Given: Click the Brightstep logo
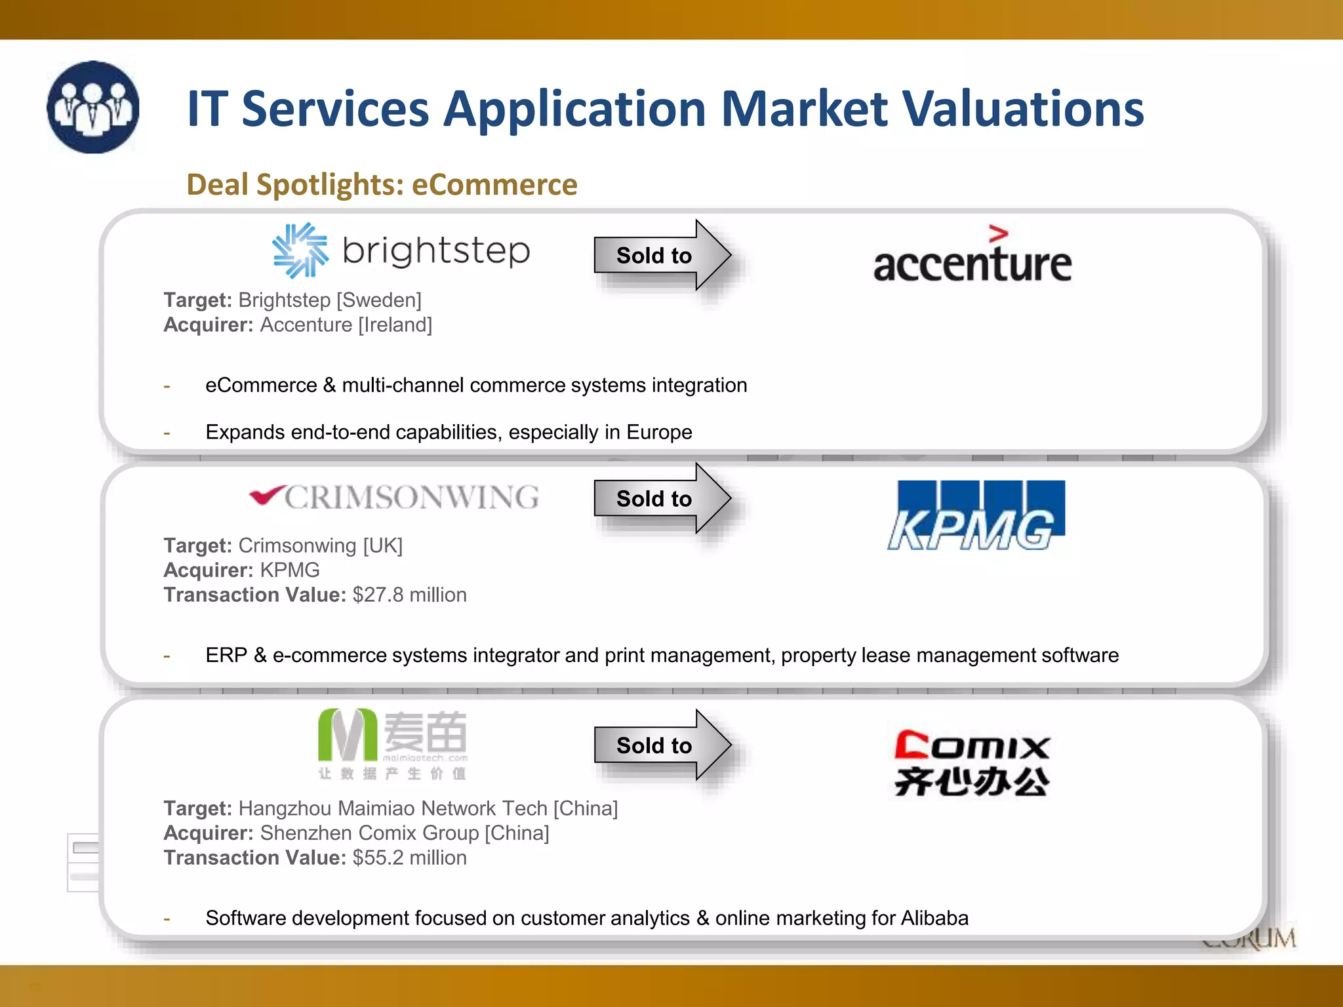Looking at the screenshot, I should [401, 251].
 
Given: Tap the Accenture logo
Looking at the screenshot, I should [972, 256].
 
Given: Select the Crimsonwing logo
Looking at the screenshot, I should [395, 497].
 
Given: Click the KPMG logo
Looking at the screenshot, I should [976, 516].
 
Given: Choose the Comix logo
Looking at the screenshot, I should [972, 762].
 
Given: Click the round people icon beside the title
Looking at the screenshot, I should [93, 108].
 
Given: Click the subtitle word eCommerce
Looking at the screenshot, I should [494, 185].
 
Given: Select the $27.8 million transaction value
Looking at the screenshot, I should [409, 595].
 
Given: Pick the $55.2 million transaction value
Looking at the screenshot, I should [409, 858].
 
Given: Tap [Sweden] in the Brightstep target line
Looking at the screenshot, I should [378, 300].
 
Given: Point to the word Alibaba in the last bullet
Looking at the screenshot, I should [934, 918].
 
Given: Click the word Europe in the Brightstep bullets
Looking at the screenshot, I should [659, 432].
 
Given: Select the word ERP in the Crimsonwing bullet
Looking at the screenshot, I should [226, 655].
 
